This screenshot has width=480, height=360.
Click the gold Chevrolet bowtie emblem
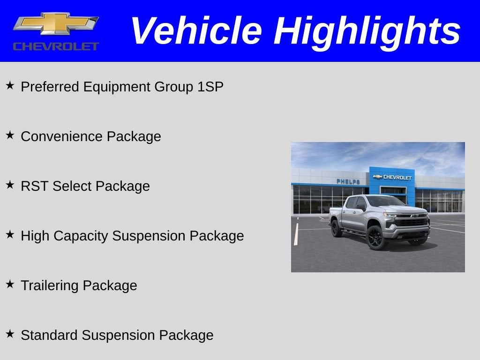click(x=56, y=23)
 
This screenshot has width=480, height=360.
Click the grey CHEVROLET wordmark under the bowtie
click(x=56, y=46)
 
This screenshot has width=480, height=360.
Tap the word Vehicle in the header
click(x=196, y=30)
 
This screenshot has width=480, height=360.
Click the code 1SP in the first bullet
click(x=210, y=87)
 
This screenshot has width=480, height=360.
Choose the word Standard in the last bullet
click(x=49, y=335)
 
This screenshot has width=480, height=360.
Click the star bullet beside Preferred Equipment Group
click(x=10, y=85)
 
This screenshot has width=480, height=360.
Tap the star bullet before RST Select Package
click(x=10, y=185)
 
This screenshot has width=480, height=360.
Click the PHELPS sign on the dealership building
click(x=348, y=181)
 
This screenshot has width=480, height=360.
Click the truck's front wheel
click(x=375, y=238)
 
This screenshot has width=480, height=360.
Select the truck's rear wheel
click(x=336, y=228)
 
